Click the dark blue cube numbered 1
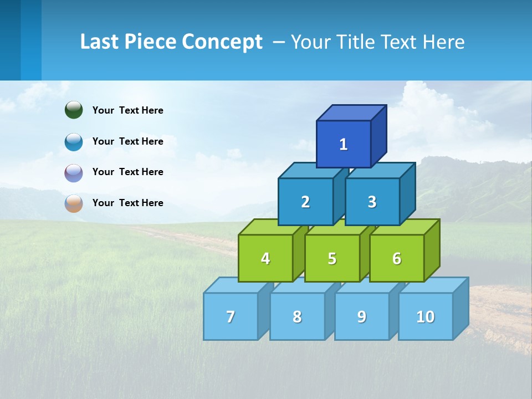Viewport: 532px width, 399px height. [344, 144]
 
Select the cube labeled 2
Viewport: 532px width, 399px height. [305, 202]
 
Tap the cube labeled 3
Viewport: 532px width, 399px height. [372, 202]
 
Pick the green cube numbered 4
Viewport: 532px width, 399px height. [265, 258]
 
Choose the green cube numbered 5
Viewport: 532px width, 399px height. [332, 258]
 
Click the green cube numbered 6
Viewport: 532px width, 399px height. [397, 258]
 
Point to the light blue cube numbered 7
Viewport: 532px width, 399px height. [231, 316]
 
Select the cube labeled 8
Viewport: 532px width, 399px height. [297, 316]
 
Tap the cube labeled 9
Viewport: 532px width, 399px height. [361, 316]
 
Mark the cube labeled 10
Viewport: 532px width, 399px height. [425, 316]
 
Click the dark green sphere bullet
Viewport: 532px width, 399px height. [74, 110]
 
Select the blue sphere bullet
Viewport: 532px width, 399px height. [74, 141]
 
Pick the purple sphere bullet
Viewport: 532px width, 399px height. [74, 172]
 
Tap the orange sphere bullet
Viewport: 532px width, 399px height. [74, 203]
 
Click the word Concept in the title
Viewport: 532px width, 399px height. [222, 42]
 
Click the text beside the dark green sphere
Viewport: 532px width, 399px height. [127, 110]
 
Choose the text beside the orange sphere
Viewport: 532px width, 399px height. [127, 203]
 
